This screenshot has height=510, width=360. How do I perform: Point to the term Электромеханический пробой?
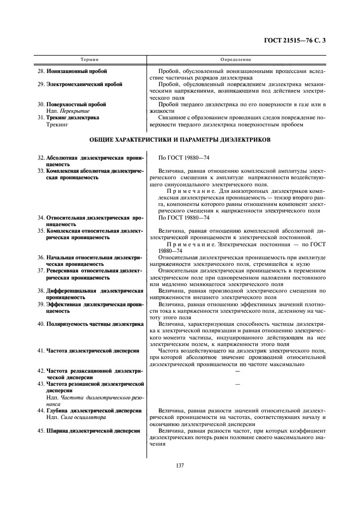pos(84,84)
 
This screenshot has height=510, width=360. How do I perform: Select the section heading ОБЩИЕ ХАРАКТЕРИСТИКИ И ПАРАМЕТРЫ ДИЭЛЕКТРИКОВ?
pos(180,140)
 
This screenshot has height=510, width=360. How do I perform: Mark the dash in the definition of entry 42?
pos(237,371)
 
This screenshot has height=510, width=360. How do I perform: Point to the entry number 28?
pos(41,71)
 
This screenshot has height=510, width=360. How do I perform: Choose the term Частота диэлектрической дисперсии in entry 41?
pos(89,351)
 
